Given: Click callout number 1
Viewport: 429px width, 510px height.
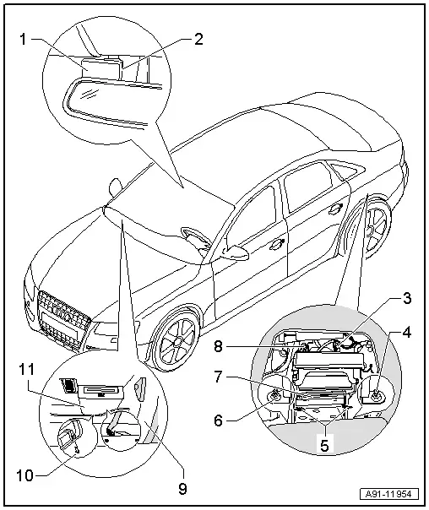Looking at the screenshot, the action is click(x=23, y=40).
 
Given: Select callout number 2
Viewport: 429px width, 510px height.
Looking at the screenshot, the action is click(x=198, y=39).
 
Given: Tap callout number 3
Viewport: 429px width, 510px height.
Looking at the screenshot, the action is click(x=406, y=298).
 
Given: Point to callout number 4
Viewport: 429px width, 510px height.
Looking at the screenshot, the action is click(x=407, y=333).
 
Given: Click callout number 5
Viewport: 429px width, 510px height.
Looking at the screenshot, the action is click(x=324, y=445).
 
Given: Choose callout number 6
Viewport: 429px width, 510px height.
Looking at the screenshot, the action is click(x=219, y=420).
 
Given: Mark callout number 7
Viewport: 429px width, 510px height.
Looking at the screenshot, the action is click(x=218, y=377).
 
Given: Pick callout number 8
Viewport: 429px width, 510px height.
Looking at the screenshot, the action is click(x=218, y=347).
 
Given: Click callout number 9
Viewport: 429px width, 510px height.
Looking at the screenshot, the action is click(x=182, y=488).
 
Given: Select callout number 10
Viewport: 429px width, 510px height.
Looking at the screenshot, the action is click(x=24, y=476).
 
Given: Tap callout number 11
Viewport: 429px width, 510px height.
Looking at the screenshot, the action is click(x=26, y=370).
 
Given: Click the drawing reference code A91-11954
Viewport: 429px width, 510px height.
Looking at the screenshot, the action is click(x=388, y=494).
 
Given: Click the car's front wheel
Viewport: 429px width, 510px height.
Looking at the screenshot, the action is click(x=176, y=340).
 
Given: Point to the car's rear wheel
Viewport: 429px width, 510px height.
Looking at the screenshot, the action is click(x=378, y=228).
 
